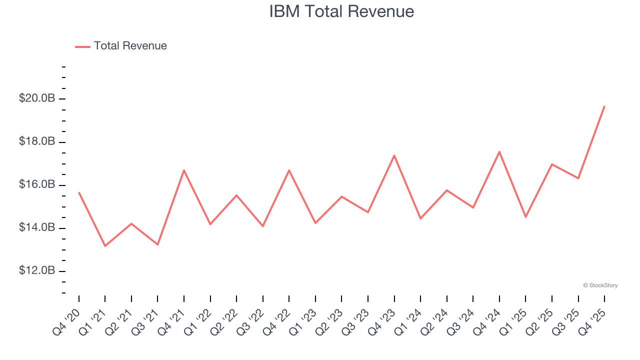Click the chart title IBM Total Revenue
pyautogui.click(x=341, y=11)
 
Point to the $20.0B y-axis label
pyautogui.click(x=37, y=98)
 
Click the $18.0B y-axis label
pyautogui.click(x=37, y=141)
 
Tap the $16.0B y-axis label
pyautogui.click(x=37, y=185)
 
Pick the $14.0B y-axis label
pyautogui.click(x=37, y=228)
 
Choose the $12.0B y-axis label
pyautogui.click(x=37, y=271)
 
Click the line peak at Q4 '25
pyautogui.click(x=604, y=106)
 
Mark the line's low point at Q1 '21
pyautogui.click(x=105, y=246)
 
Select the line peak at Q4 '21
pyautogui.click(x=184, y=170)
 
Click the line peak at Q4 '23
pyautogui.click(x=394, y=155)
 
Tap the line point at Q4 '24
pyautogui.click(x=499, y=151)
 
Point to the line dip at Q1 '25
pyautogui.click(x=525, y=217)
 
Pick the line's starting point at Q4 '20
pyautogui.click(x=79, y=192)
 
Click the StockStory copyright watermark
pyautogui.click(x=600, y=285)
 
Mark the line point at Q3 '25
pyautogui.click(x=578, y=178)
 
